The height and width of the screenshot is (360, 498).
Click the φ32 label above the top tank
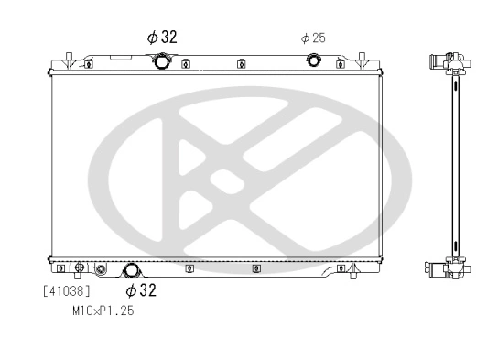(x=162, y=37)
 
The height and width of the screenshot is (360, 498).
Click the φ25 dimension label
(x=313, y=38)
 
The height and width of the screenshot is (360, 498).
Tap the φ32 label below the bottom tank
(x=141, y=291)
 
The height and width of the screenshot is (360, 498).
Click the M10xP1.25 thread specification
(x=103, y=311)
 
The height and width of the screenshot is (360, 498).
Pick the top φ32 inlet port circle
(x=163, y=61)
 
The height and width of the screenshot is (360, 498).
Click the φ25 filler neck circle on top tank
(x=313, y=61)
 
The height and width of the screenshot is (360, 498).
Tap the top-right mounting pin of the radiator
(x=363, y=57)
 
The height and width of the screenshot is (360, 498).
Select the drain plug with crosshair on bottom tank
(x=80, y=268)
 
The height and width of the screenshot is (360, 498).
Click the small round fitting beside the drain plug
(x=101, y=269)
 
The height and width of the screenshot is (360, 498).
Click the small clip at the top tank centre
(x=240, y=64)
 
